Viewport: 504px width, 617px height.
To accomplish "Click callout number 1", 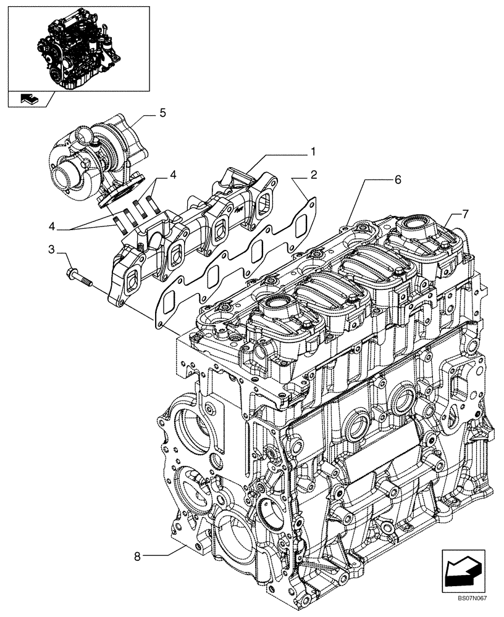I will (x=313, y=151).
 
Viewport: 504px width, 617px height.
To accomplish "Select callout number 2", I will (x=314, y=175).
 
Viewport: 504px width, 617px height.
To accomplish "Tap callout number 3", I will (x=52, y=249).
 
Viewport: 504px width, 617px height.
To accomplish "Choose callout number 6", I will (x=398, y=180).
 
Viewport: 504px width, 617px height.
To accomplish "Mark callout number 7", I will (x=465, y=213).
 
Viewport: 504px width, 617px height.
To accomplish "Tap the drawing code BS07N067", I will (x=472, y=608).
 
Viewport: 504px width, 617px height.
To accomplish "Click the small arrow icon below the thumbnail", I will (x=28, y=97).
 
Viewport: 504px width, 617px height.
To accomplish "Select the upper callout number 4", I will (x=173, y=175).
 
